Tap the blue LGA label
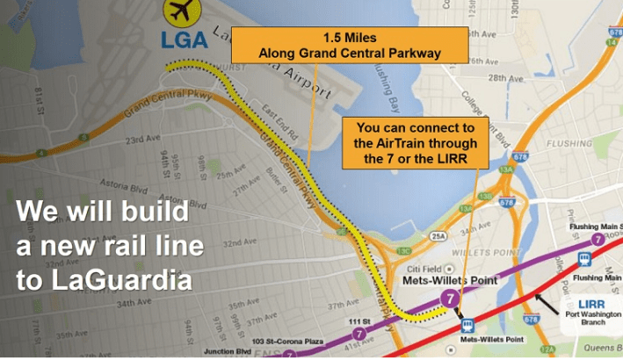[185, 40]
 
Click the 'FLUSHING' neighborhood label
[569, 143]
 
